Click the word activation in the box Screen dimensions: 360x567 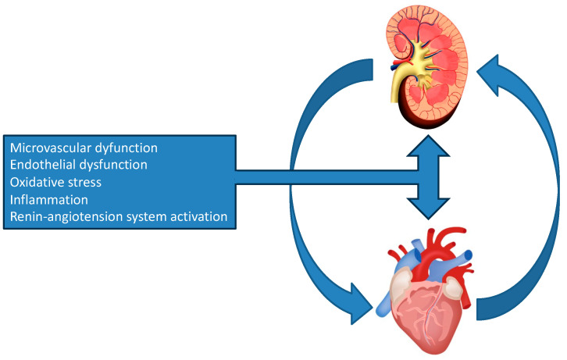pos(198,216)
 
